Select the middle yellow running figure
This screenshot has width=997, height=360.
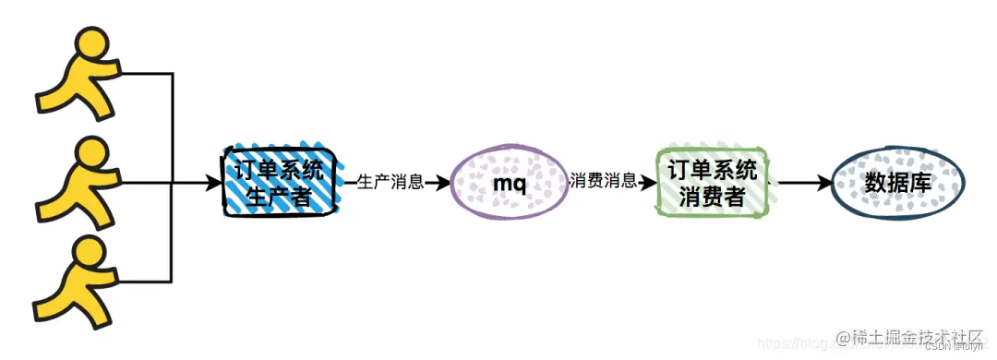point(78,181)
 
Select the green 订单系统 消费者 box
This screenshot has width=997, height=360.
point(711,182)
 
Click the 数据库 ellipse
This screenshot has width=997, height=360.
point(897,183)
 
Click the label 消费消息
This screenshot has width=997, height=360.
point(604,182)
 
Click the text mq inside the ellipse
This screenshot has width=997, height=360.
point(509,184)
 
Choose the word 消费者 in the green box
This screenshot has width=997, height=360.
point(712,197)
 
